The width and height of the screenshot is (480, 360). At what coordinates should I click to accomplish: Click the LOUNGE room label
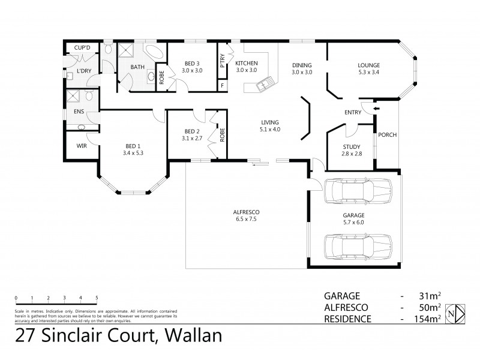pos(369,65)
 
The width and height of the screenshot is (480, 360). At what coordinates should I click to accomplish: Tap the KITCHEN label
pos(246,63)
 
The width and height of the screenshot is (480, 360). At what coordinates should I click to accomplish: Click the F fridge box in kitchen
pos(223,85)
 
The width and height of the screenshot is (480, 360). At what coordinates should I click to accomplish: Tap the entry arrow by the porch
pos(376,109)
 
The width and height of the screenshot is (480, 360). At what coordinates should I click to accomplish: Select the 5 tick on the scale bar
pos(97,298)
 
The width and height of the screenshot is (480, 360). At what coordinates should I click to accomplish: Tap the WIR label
pos(82,145)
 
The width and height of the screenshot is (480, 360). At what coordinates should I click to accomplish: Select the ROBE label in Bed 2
pos(221,134)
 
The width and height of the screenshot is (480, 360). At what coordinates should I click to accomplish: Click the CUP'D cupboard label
pos(82,47)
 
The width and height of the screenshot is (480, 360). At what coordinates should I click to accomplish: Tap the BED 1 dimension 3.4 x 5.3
pos(134,153)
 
